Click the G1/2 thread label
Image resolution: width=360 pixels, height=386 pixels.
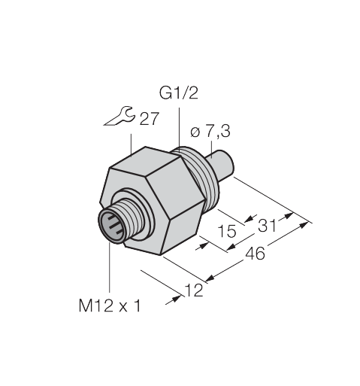tap(179, 93)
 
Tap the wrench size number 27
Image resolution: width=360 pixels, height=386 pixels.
tap(150, 119)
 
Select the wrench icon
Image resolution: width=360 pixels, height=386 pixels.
tap(119, 116)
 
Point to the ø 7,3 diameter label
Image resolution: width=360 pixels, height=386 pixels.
tap(210, 132)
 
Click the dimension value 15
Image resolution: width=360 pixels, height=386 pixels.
tap(227, 231)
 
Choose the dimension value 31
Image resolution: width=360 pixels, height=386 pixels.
tap(267, 226)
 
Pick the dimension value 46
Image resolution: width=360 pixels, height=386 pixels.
tap(255, 254)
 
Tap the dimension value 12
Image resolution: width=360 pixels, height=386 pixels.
tap(193, 290)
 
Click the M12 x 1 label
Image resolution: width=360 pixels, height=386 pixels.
tap(110, 305)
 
